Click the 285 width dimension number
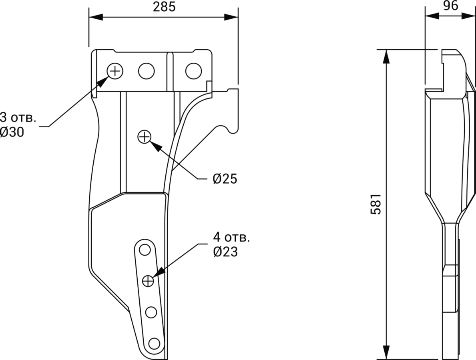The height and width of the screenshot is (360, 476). click(164, 7)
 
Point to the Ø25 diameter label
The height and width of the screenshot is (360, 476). click(225, 179)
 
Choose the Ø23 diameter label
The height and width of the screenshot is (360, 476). click(225, 252)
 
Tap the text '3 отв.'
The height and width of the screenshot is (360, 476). click(18, 118)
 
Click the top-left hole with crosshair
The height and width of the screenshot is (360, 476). click(115, 71)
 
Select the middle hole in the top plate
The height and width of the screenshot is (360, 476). click(146, 71)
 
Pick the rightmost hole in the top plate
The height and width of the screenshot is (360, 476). click(193, 71)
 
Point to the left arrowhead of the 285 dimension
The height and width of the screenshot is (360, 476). click(94, 18)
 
